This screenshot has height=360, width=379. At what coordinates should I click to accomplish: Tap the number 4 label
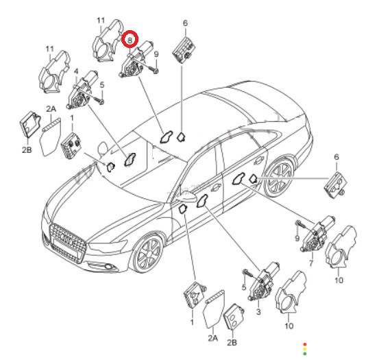click(76, 71)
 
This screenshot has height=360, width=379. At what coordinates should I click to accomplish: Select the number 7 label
click(311, 263)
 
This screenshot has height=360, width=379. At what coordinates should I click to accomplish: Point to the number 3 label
click(258, 311)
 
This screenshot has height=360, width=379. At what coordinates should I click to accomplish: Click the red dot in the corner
click(305, 344)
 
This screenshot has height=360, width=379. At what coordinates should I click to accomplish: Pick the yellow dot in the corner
click(305, 349)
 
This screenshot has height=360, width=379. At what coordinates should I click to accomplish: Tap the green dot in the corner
click(305, 354)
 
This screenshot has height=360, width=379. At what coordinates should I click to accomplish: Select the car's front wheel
click(147, 254)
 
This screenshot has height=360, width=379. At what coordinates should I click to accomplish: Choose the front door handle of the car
click(216, 187)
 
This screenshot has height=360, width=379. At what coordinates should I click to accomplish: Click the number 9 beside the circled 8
click(156, 54)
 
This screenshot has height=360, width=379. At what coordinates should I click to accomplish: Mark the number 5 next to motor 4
click(102, 85)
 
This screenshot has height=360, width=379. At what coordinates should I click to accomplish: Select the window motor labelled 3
click(263, 281)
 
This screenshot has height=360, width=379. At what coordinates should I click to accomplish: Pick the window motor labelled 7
click(317, 234)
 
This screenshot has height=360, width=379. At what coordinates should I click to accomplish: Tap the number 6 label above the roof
click(186, 23)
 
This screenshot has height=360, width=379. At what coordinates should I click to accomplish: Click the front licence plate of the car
click(66, 248)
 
